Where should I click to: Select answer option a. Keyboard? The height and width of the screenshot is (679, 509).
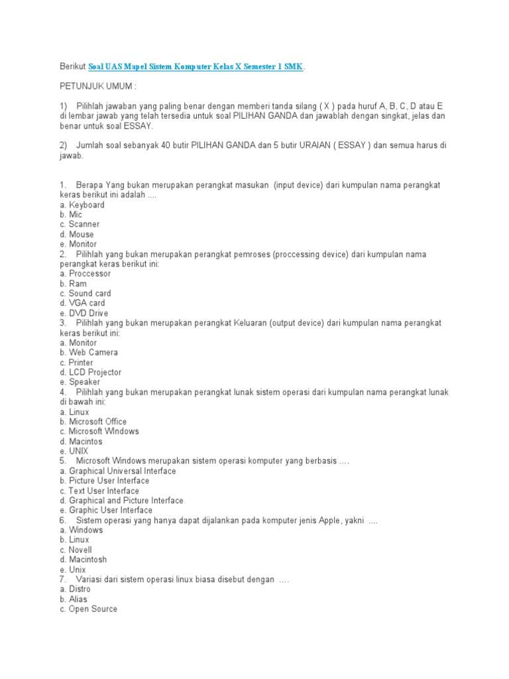[82, 205]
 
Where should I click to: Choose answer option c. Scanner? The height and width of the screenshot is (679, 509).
[80, 224]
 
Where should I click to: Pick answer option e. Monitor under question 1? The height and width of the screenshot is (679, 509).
[78, 244]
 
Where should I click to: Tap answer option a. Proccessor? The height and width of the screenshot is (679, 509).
[85, 273]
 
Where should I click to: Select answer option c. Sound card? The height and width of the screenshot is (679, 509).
[85, 293]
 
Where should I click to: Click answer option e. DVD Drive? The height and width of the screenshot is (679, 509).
[84, 313]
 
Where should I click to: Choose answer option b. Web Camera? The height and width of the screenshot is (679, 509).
[88, 352]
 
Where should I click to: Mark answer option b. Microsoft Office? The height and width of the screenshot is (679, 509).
[93, 421]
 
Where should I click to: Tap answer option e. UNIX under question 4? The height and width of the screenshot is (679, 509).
[74, 451]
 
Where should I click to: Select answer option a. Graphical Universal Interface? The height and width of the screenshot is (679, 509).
[117, 471]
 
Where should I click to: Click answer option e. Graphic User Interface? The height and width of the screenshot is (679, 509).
[105, 510]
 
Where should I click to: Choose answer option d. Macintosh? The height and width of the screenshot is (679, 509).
[83, 559]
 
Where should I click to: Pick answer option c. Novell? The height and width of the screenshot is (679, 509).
[76, 550]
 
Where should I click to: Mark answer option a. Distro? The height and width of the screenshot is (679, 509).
[75, 589]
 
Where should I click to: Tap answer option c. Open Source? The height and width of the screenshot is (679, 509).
[88, 609]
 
